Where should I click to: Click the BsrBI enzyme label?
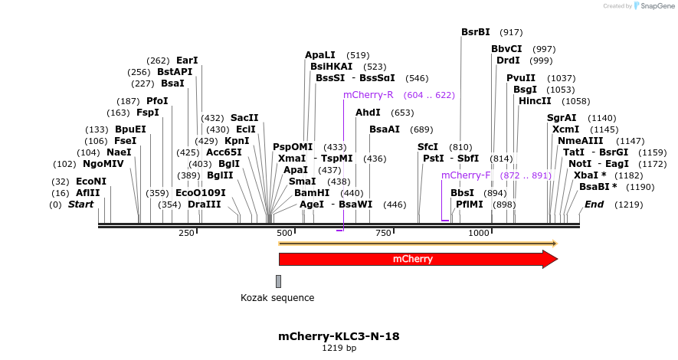point(475,32)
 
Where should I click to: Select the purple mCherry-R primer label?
point(368,95)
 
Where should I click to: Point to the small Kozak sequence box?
point(278,281)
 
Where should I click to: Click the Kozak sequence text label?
point(277,298)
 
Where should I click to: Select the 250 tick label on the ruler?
point(186,233)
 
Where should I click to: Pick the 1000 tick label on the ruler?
point(478,233)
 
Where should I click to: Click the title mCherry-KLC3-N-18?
point(339,336)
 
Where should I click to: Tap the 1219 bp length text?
point(339,349)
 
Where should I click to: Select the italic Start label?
point(80,205)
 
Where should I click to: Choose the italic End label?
point(594,205)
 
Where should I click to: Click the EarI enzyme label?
point(187,61)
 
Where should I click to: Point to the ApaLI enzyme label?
point(320,55)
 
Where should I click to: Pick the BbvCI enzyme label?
point(506,49)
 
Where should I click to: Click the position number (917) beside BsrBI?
point(511,32)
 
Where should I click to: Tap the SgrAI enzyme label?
point(561,118)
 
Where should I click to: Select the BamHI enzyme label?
point(312,193)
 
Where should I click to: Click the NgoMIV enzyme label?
point(103,164)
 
